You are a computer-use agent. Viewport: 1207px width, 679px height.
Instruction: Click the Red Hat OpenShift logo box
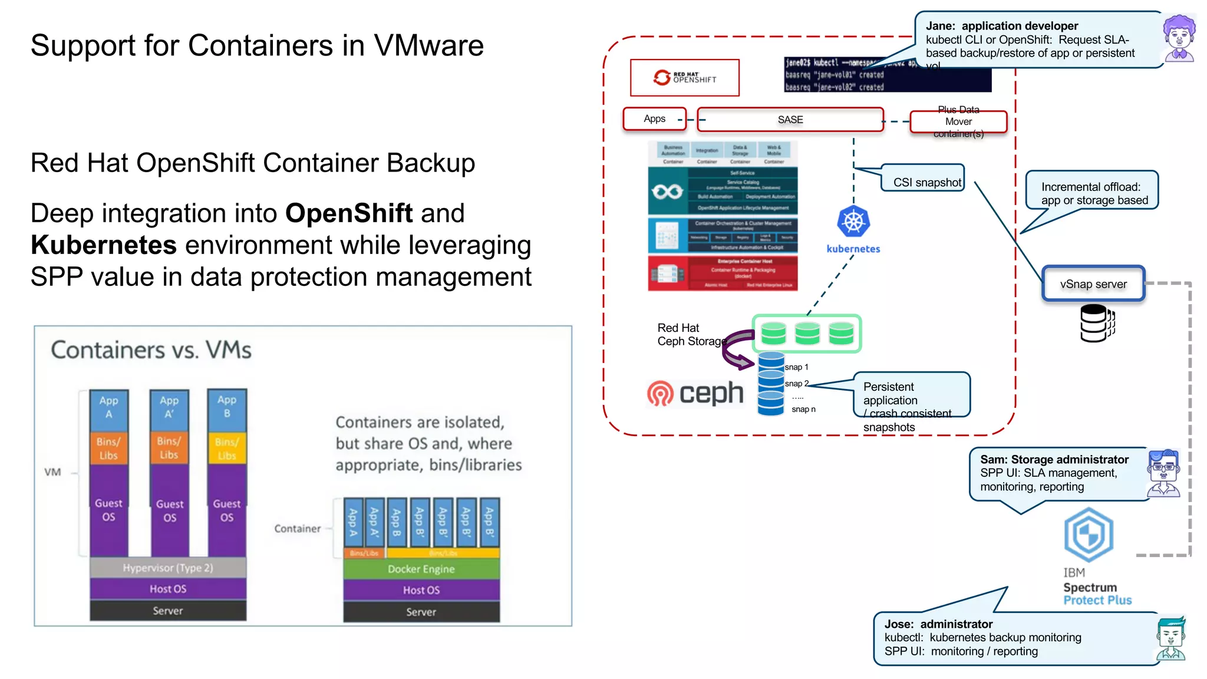(684, 78)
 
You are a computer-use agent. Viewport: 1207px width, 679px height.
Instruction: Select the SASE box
(790, 120)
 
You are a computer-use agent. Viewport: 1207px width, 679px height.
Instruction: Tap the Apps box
(654, 119)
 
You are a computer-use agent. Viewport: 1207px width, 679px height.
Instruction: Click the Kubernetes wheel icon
(853, 222)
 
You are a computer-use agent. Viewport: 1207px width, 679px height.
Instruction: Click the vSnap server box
(1093, 284)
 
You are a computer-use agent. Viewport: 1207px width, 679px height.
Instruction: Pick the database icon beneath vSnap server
(1096, 323)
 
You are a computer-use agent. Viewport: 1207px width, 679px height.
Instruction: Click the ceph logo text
(711, 393)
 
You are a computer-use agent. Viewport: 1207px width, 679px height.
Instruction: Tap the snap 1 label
(796, 367)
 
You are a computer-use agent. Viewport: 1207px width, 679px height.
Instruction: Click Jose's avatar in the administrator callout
(1170, 639)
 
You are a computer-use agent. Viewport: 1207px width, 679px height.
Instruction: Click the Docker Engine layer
(421, 569)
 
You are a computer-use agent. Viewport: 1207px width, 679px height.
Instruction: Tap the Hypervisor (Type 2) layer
(168, 568)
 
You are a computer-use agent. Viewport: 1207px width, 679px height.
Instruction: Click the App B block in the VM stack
(227, 407)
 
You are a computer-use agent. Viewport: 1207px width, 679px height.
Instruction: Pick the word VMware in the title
(428, 46)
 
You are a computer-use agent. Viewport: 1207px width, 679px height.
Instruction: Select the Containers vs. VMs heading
(151, 350)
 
